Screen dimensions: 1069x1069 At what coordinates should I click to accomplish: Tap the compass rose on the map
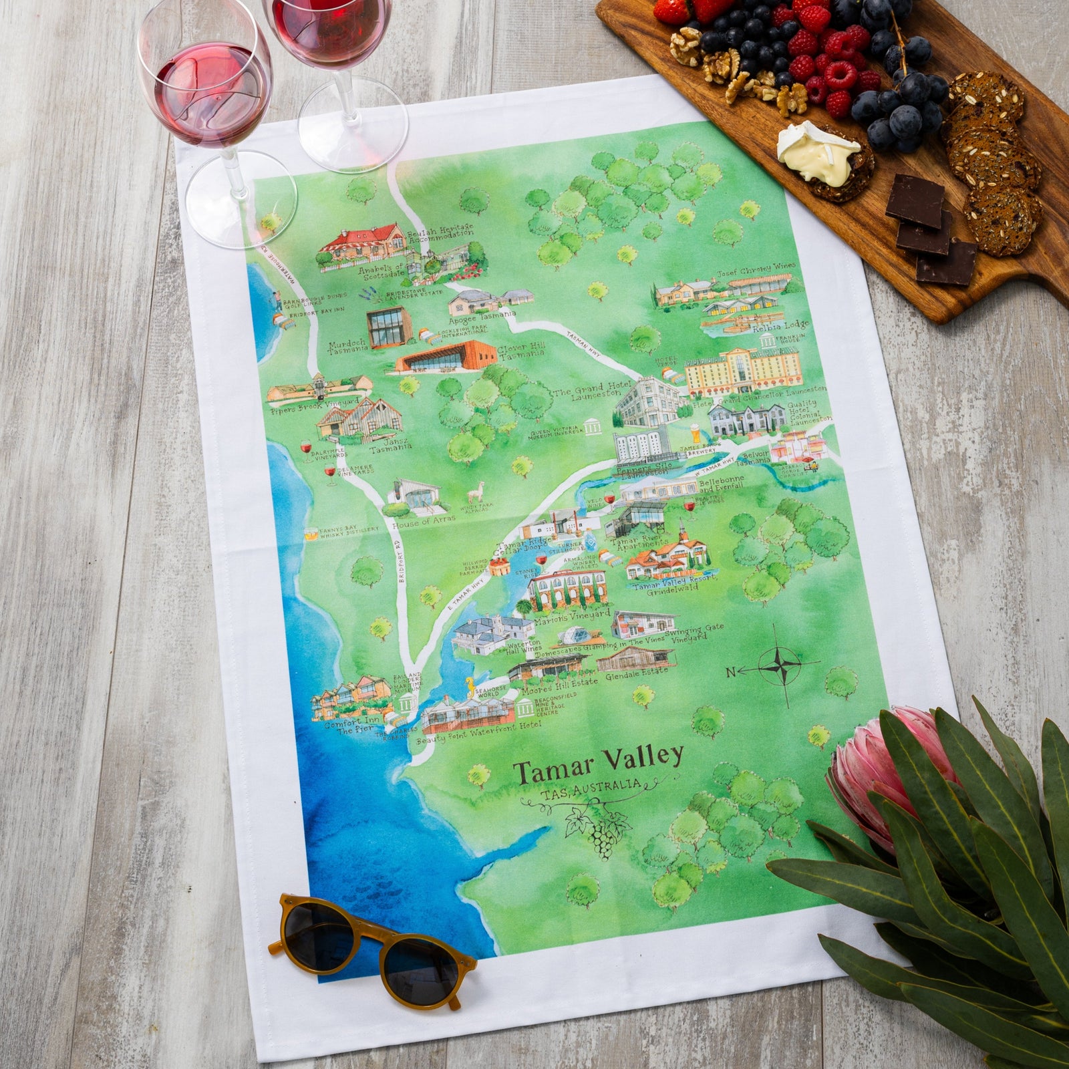click(779, 665)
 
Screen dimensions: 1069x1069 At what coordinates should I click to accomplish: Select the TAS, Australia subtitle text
click(588, 788)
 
